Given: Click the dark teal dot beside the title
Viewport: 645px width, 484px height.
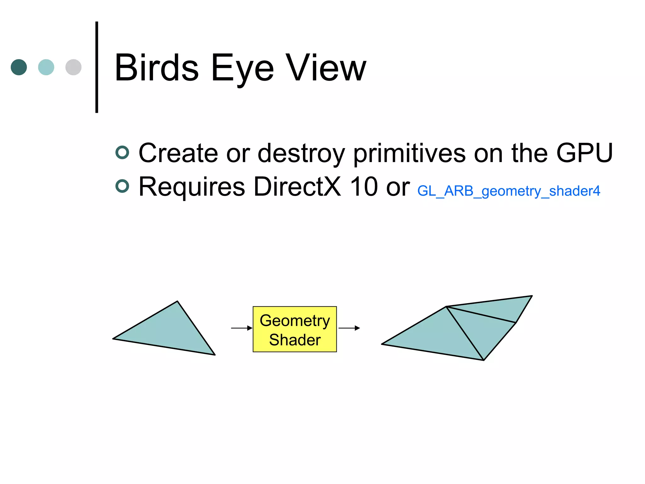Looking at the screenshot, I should pos(19,67).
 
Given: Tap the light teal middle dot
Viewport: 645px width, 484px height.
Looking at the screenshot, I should pos(46,67).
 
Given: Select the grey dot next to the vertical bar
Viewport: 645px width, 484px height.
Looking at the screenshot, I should pos(73,67).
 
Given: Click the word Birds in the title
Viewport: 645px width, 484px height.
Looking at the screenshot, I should pos(157,67).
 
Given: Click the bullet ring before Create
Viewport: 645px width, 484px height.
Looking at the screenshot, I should pos(122,153).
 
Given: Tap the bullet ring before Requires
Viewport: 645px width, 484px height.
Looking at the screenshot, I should pos(122,186).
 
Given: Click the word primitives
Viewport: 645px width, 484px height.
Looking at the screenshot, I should pos(409,153).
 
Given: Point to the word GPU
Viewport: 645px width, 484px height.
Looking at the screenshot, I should pos(584,153).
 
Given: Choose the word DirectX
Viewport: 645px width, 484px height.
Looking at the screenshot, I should pos(297,187).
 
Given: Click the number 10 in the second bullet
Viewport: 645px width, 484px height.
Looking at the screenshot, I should pos(364,187).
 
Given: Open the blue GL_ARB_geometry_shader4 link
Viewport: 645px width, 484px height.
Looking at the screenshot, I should pos(509,191).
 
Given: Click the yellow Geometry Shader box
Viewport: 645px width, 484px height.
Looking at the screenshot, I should pos(295,329).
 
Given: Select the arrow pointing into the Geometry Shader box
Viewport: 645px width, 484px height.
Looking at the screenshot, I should pos(242,328).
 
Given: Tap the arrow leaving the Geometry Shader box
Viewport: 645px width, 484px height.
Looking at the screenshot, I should pos(349,328).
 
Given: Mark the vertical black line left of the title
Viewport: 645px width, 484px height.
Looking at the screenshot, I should pos(97,67).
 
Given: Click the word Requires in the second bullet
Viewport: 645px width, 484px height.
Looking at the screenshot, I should pos(192,187).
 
